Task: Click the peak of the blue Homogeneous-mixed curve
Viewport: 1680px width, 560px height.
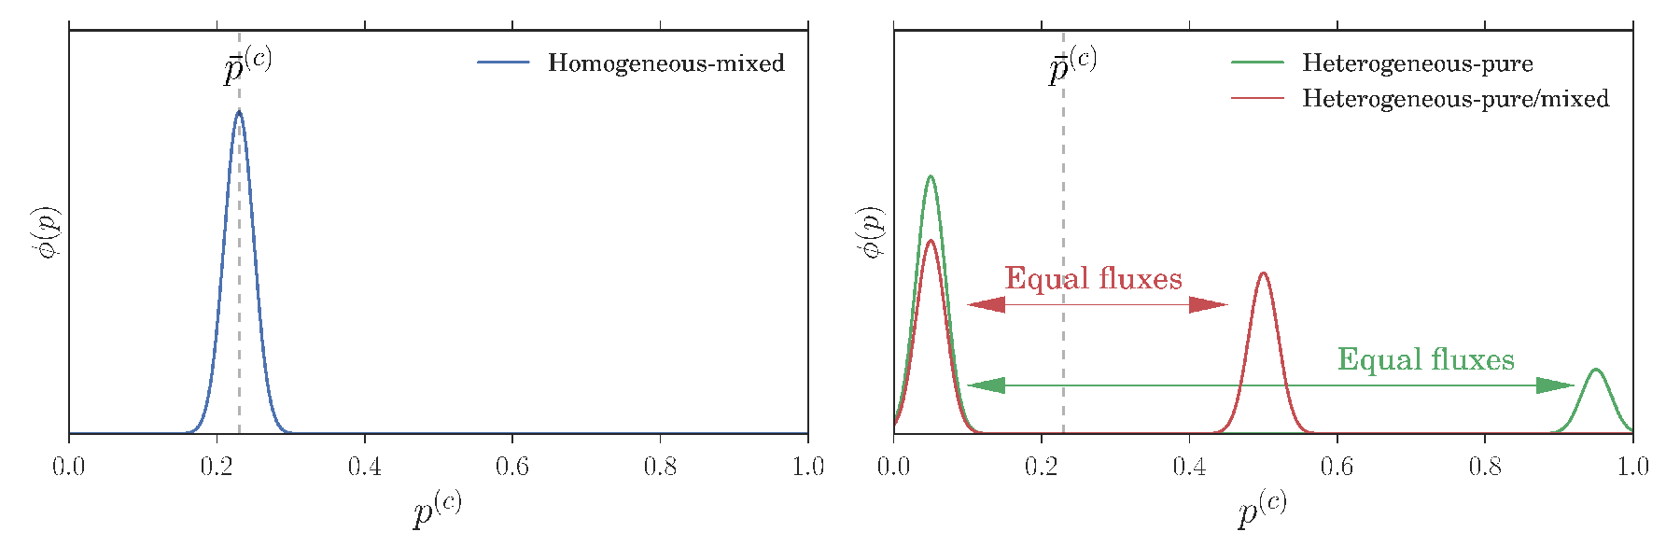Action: pos(239,111)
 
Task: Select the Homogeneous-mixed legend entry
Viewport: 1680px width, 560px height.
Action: pos(631,63)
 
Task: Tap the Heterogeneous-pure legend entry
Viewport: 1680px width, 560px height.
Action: pos(1382,63)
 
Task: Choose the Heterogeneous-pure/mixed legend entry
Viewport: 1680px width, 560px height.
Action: pos(1421,98)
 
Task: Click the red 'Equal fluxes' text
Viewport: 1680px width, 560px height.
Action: pos(1093,278)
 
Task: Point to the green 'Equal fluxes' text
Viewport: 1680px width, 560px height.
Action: pos(1426,359)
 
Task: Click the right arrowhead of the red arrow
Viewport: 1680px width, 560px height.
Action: pos(1209,304)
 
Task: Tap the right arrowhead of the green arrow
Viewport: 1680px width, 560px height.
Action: pos(1556,385)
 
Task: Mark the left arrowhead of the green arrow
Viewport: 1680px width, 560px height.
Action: pos(986,385)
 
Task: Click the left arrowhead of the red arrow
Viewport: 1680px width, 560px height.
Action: pos(986,304)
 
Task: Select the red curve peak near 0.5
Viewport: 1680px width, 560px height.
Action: pos(1263,273)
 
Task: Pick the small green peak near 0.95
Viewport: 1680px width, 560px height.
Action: pos(1596,371)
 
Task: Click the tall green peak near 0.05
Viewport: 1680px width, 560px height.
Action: pos(930,176)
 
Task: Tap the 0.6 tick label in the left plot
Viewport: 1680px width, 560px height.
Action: pos(512,466)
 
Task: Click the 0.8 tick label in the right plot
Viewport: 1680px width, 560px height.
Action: pos(1485,466)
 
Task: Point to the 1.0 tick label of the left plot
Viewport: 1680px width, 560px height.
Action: pos(807,466)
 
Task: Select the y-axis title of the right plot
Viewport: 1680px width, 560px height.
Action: pos(873,232)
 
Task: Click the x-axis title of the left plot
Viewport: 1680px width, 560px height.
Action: pos(437,509)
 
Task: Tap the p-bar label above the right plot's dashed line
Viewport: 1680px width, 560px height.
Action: pos(1071,65)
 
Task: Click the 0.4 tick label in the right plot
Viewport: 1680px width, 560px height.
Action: pos(1189,466)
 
